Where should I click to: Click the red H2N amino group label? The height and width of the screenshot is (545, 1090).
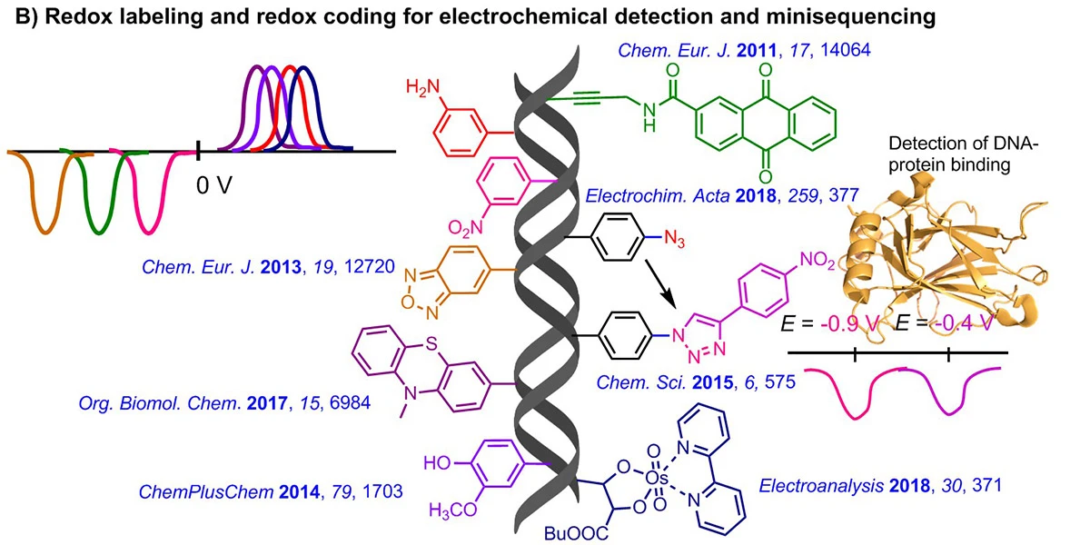pyautogui.click(x=423, y=88)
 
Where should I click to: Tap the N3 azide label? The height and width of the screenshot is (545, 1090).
pyautogui.click(x=674, y=238)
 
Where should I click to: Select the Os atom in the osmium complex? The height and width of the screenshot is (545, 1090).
pyautogui.click(x=657, y=479)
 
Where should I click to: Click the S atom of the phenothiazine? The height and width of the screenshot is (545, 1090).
pyautogui.click(x=431, y=344)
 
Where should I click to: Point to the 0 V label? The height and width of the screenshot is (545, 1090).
pyautogui.click(x=214, y=185)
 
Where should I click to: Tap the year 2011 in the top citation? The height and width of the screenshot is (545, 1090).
pyautogui.click(x=757, y=50)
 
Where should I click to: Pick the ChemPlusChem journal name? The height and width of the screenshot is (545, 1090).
pyautogui.click(x=206, y=492)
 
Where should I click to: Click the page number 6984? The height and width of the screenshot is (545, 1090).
pyautogui.click(x=351, y=403)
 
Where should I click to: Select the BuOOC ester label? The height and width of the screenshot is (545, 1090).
pyautogui.click(x=576, y=534)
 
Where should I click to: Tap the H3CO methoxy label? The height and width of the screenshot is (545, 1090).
pyautogui.click(x=452, y=510)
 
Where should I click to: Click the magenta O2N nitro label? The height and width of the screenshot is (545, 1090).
pyautogui.click(x=466, y=227)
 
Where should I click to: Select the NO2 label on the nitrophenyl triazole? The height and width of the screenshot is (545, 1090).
pyautogui.click(x=817, y=261)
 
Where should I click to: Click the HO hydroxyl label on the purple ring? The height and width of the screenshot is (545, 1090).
pyautogui.click(x=437, y=462)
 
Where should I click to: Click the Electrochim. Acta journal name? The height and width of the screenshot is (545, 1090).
pyautogui.click(x=658, y=195)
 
